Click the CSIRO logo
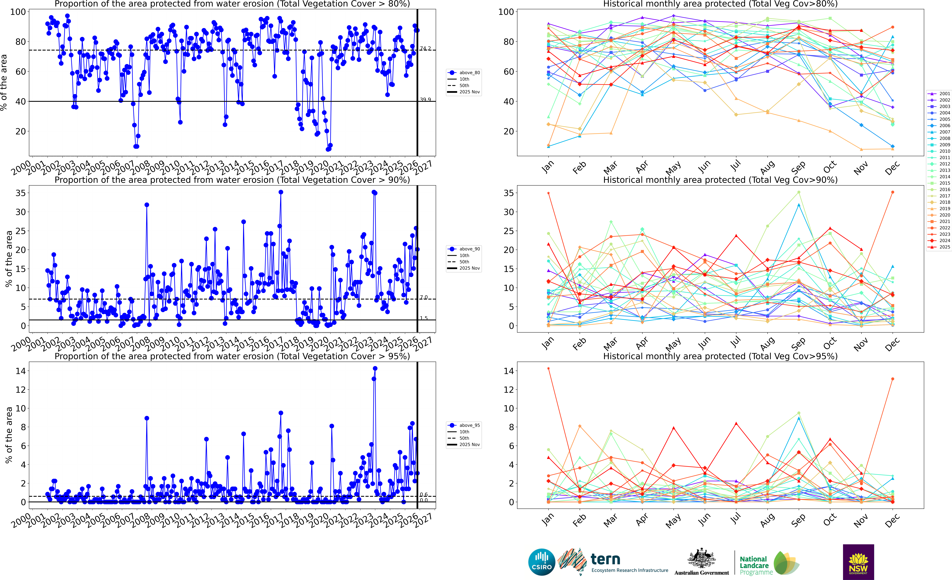542,562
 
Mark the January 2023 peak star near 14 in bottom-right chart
548,369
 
